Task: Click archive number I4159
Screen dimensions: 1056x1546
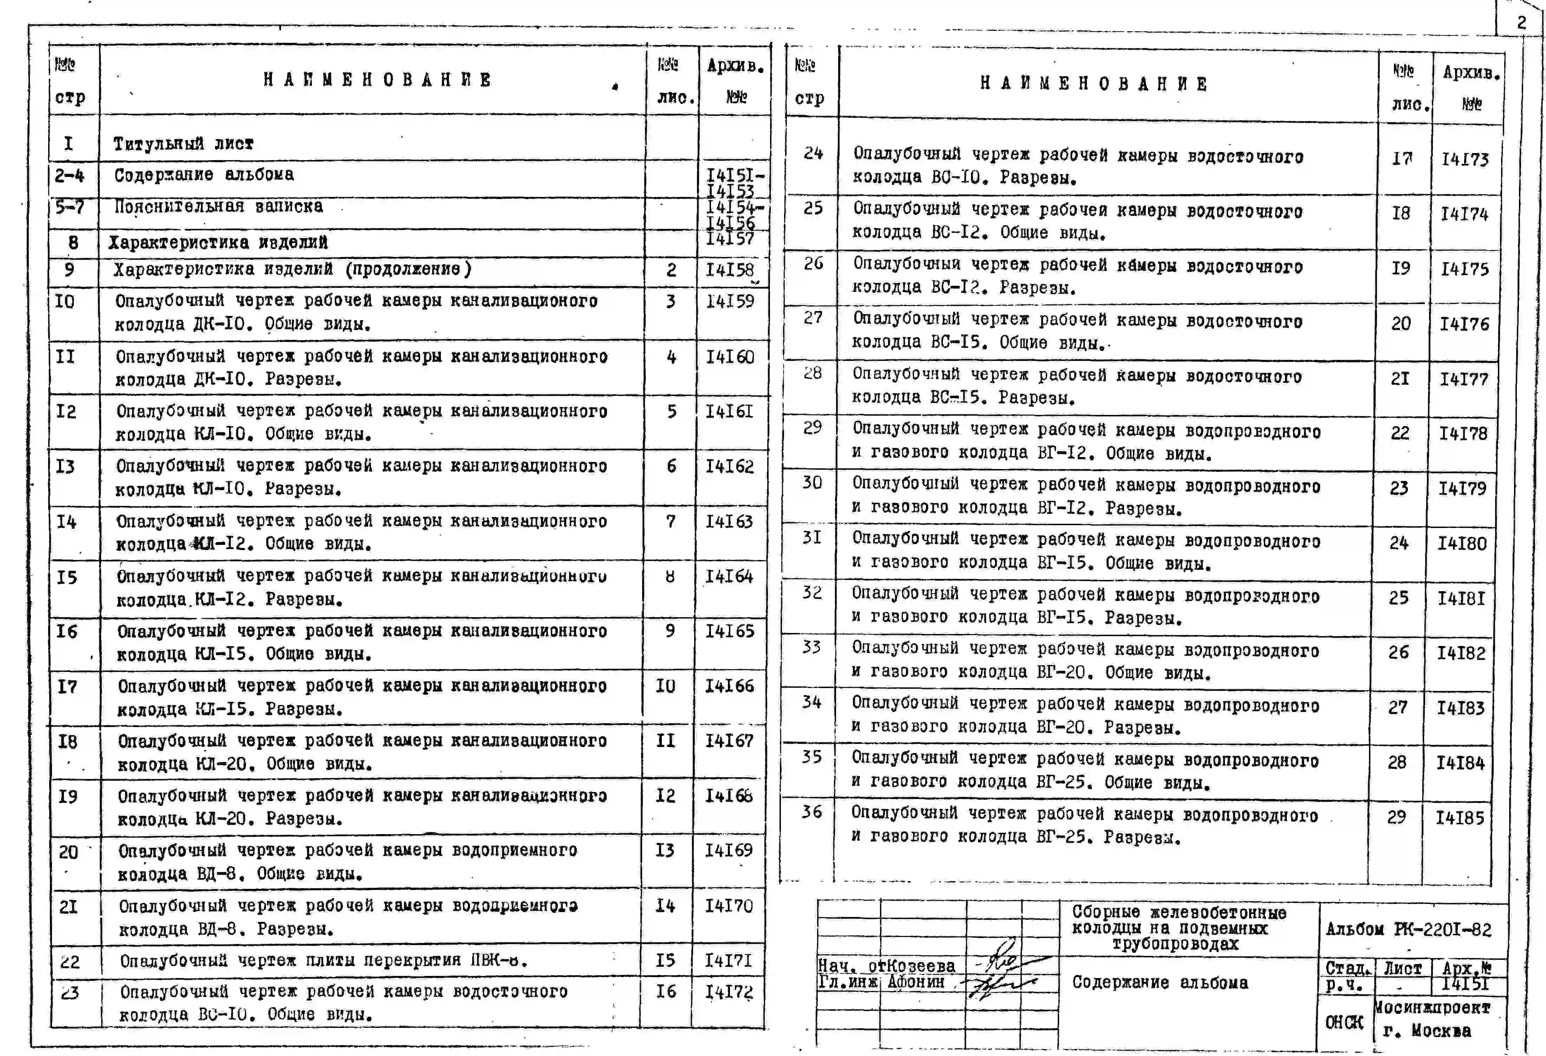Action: pos(730,301)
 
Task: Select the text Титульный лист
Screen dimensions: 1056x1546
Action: pos(183,144)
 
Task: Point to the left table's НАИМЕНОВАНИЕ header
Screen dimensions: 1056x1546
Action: pos(377,80)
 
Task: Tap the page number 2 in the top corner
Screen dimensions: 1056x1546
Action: pos(1521,22)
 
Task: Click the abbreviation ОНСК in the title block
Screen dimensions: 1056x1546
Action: pos(1344,1022)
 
